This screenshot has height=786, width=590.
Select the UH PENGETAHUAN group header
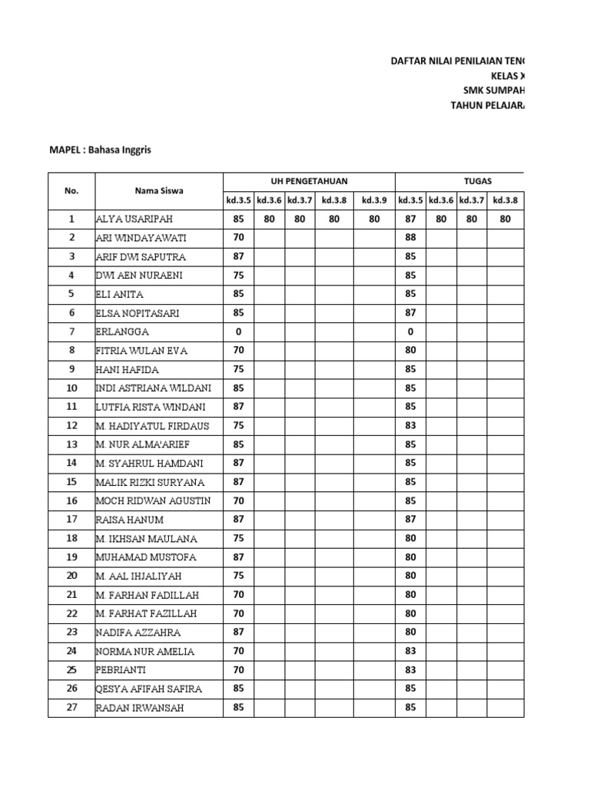coord(309,181)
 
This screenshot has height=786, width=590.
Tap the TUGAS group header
coord(478,181)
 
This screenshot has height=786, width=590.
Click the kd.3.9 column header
coord(374,200)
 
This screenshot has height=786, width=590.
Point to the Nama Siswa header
coord(159,190)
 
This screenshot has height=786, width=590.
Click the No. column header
coord(71,190)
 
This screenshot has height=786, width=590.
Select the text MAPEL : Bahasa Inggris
coord(101,150)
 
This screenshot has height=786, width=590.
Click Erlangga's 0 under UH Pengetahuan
coord(238,332)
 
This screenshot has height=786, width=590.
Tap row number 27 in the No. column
coord(71,707)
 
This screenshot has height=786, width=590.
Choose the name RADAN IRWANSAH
coord(140,708)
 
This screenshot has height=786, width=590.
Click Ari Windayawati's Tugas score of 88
coord(410,238)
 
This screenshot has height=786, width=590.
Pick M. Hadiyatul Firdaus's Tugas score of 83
coord(410,425)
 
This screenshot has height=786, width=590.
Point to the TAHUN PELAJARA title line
coord(489,106)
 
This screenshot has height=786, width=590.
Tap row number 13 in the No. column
coord(71,444)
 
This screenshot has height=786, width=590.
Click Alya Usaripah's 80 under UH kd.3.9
coord(374,219)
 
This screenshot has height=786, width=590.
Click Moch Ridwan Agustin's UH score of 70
coord(238,500)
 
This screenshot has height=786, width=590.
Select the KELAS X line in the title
coord(509,76)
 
